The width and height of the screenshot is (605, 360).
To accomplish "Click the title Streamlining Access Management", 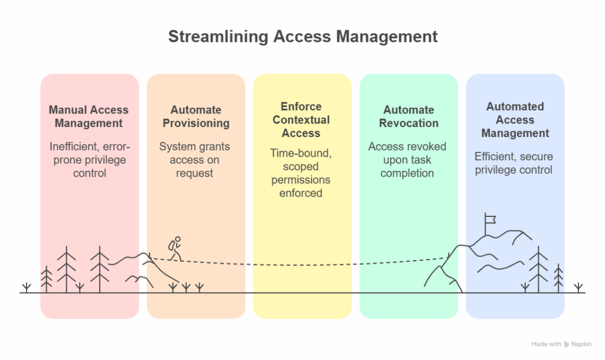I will [302, 36].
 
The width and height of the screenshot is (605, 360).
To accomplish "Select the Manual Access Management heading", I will [89, 116].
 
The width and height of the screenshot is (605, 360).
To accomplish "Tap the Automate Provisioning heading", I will [196, 116].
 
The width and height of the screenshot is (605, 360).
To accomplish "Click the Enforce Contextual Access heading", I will [301, 119].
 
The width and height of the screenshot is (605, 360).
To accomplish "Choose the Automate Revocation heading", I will [408, 116].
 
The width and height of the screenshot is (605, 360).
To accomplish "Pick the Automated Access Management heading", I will [515, 119].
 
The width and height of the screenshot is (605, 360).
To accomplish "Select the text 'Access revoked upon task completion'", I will [407, 160].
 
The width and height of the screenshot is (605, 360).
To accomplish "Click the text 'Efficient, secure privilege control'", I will [513, 163].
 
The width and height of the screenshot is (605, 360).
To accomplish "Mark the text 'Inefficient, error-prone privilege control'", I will [89, 160].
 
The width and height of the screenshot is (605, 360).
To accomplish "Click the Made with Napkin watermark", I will [561, 344].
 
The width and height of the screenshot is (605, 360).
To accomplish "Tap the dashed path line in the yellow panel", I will [301, 264].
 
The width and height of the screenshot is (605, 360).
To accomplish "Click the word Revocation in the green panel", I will [408, 124].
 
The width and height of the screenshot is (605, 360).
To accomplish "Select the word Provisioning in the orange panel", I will [196, 124].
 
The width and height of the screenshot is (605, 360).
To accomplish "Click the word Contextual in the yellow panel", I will [301, 119].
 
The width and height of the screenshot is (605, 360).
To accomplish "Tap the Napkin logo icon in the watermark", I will [567, 344].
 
